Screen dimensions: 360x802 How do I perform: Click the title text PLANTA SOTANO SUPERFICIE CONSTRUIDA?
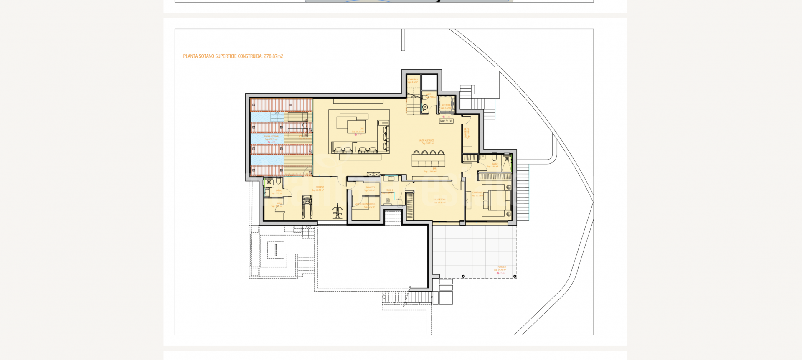click(x=233, y=56)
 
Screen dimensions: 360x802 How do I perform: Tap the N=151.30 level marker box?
click(x=446, y=121)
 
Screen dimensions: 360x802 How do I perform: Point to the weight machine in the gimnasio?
click(x=338, y=211)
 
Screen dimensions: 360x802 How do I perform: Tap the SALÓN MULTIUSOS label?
click(x=426, y=141)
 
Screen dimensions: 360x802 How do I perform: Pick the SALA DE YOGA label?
click(x=439, y=200)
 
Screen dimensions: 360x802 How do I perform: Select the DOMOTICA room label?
click(x=370, y=188)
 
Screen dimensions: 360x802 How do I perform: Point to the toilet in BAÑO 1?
click(x=494, y=158)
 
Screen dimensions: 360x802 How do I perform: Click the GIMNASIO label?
click(x=320, y=188)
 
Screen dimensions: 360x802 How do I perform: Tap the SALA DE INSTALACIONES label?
click(x=365, y=204)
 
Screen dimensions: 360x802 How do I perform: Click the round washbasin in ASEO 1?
click(x=425, y=107)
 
